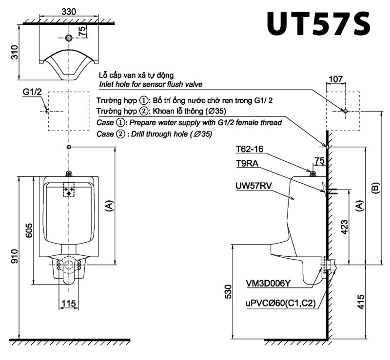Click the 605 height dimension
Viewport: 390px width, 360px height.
(28, 229)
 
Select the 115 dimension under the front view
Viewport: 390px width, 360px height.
(69, 303)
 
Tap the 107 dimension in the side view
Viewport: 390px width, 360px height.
(336, 79)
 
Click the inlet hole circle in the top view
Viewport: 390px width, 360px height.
(69, 38)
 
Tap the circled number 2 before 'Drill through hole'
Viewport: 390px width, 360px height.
(120, 134)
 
